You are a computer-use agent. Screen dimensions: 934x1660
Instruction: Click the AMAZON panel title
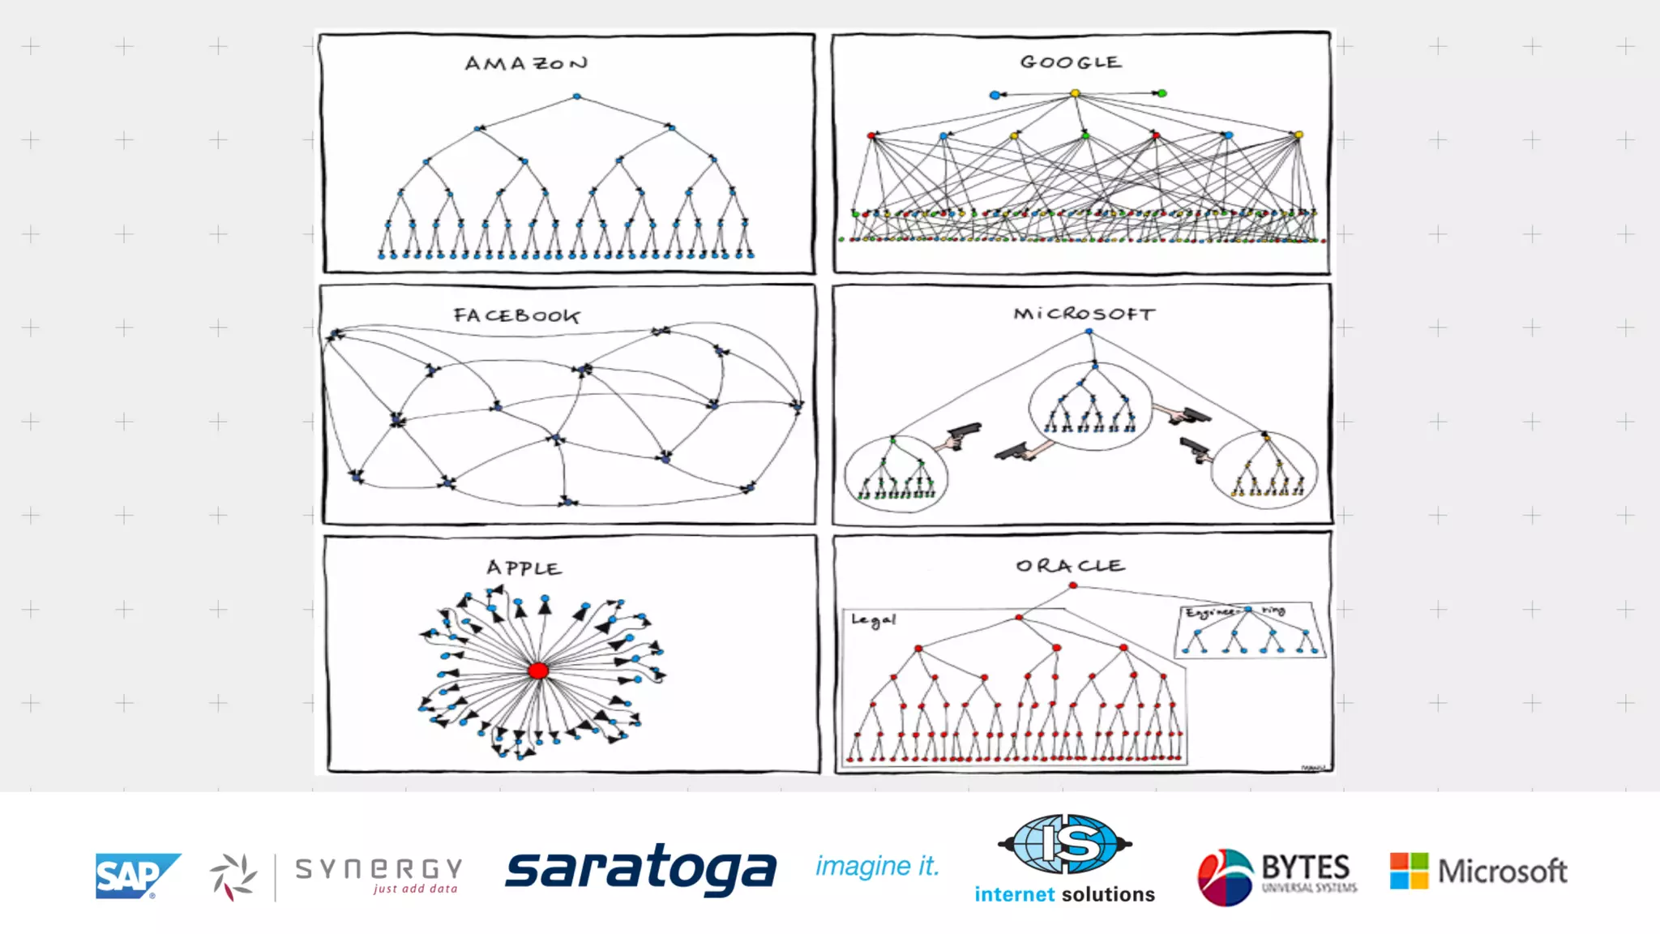click(x=526, y=63)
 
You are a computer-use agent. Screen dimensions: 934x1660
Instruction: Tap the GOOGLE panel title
click(x=1071, y=62)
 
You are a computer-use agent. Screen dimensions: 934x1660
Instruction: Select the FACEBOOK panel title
click(x=516, y=315)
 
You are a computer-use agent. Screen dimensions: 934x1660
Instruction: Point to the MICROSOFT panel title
click(x=1084, y=314)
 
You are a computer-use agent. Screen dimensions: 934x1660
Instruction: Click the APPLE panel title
click(x=524, y=568)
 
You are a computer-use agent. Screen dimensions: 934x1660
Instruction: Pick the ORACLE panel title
click(x=1070, y=565)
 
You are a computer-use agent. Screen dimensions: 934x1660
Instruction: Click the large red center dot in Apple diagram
click(x=538, y=671)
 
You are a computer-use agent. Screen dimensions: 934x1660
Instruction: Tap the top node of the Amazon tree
click(x=577, y=96)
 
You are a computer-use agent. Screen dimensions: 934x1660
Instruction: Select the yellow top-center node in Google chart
click(x=1076, y=94)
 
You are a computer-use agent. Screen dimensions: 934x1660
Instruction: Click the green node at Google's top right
click(x=1162, y=93)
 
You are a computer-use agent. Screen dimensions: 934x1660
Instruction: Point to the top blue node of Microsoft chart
click(x=1089, y=332)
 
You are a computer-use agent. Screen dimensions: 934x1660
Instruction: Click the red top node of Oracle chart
click(x=1073, y=585)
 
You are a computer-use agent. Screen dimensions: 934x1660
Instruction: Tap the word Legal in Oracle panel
click(x=873, y=620)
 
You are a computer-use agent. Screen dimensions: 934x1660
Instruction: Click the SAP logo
click(x=135, y=876)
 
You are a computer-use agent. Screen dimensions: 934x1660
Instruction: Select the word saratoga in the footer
click(x=640, y=869)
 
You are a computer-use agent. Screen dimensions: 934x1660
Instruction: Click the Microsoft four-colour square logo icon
click(x=1409, y=871)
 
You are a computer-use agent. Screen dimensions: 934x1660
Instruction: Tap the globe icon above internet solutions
click(x=1065, y=844)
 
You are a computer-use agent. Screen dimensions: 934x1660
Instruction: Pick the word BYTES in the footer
click(x=1306, y=867)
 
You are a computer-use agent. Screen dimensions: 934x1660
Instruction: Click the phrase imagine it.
click(x=877, y=866)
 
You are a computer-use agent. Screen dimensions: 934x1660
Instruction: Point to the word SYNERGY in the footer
click(x=379, y=869)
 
